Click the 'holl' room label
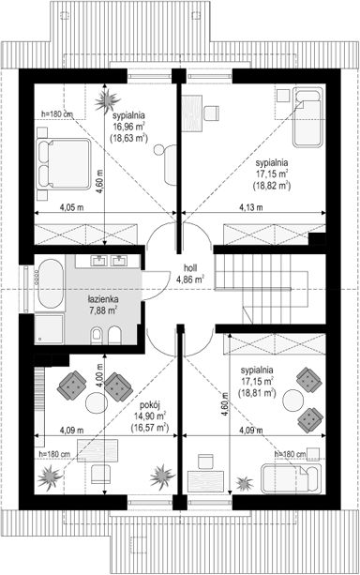(189, 268)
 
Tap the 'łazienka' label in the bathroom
(103, 299)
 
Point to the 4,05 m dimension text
(72, 207)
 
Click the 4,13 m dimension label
(251, 207)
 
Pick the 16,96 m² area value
(128, 127)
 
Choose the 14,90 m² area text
(149, 416)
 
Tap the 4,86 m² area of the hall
(190, 280)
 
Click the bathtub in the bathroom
(52, 284)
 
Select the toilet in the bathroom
(97, 335)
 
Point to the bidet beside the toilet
(114, 335)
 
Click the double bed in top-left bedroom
(63, 164)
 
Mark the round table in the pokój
(96, 402)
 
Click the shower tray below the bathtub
(50, 328)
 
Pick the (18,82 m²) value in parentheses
(272, 186)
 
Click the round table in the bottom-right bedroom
(293, 400)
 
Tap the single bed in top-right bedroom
(307, 116)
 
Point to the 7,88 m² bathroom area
(103, 311)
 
